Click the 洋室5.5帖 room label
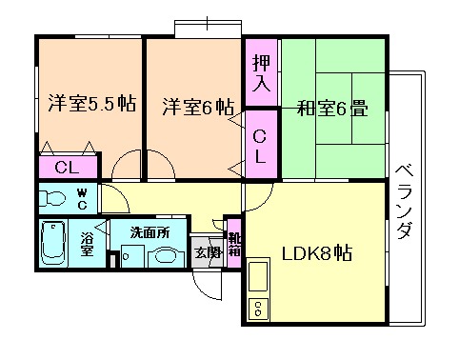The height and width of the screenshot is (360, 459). click(x=92, y=103)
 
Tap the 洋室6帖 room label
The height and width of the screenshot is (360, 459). click(x=198, y=107)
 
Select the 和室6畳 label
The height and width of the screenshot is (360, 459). click(x=332, y=109)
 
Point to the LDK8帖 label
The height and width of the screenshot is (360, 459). click(x=317, y=252)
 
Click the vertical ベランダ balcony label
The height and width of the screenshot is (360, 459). click(x=404, y=202)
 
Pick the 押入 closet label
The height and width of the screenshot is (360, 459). click(x=261, y=73)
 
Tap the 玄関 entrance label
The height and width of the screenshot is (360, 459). click(x=208, y=251)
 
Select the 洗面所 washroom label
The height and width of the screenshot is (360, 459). click(x=150, y=232)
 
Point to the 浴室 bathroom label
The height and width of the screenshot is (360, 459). click(x=87, y=244)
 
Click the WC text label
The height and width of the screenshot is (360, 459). click(x=83, y=199)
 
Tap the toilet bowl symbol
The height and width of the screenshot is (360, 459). click(x=52, y=199)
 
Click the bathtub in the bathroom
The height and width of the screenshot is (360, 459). click(x=53, y=244)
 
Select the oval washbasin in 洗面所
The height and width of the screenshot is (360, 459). click(x=163, y=256)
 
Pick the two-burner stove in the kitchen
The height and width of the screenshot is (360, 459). click(x=258, y=308)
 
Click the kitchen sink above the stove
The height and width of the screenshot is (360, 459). click(x=258, y=276)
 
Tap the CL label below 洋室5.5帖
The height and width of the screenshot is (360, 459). click(x=67, y=167)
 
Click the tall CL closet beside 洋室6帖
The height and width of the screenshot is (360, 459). click(x=261, y=145)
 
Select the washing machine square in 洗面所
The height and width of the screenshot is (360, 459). click(x=133, y=255)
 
